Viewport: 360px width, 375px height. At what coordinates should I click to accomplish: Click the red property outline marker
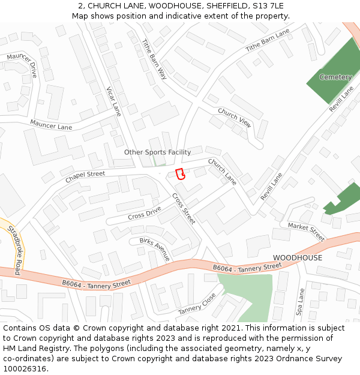point(179,174)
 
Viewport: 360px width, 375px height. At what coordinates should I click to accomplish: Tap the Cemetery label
point(335,77)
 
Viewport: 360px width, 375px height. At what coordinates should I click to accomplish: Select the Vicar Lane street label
point(113,101)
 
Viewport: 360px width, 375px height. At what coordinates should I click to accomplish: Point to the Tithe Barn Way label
point(154,59)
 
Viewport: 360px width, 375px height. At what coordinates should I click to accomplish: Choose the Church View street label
point(235,117)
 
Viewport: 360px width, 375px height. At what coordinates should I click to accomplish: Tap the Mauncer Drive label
point(22,65)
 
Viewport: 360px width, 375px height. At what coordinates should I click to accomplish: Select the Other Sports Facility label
point(157,152)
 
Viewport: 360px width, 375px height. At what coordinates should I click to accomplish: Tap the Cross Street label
point(184,208)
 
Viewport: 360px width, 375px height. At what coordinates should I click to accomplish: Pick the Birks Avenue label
point(155,249)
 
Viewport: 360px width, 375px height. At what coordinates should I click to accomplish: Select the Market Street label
point(306,232)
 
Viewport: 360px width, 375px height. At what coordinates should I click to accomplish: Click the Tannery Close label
point(197,304)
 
